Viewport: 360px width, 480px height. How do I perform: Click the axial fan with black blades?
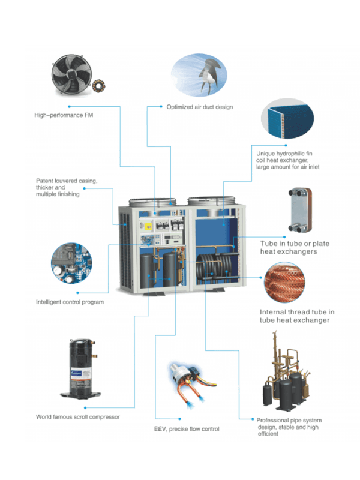coord(71,75)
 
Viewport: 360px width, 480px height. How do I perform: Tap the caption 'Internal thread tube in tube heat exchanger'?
coord(294,317)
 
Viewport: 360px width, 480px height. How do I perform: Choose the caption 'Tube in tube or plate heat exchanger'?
coord(294,248)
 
